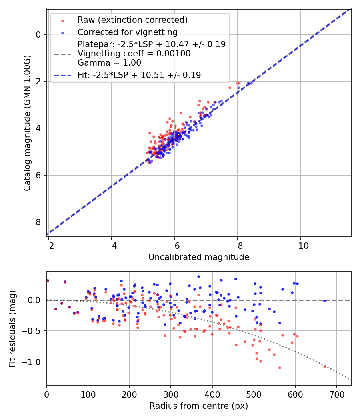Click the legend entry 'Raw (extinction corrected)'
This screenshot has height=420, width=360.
[132, 20]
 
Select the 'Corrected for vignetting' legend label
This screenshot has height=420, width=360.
[128, 32]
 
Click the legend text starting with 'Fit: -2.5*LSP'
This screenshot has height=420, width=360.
[139, 75]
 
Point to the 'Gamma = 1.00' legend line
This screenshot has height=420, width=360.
[109, 62]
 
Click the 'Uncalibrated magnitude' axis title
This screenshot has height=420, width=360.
[199, 257]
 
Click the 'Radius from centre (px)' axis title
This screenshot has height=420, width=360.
[199, 406]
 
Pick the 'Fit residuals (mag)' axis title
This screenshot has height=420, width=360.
[12, 329]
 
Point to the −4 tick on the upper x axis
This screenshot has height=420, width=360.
[111, 245]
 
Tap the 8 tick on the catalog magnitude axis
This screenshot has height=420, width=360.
[38, 222]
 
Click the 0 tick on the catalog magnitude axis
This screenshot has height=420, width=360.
[38, 34]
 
